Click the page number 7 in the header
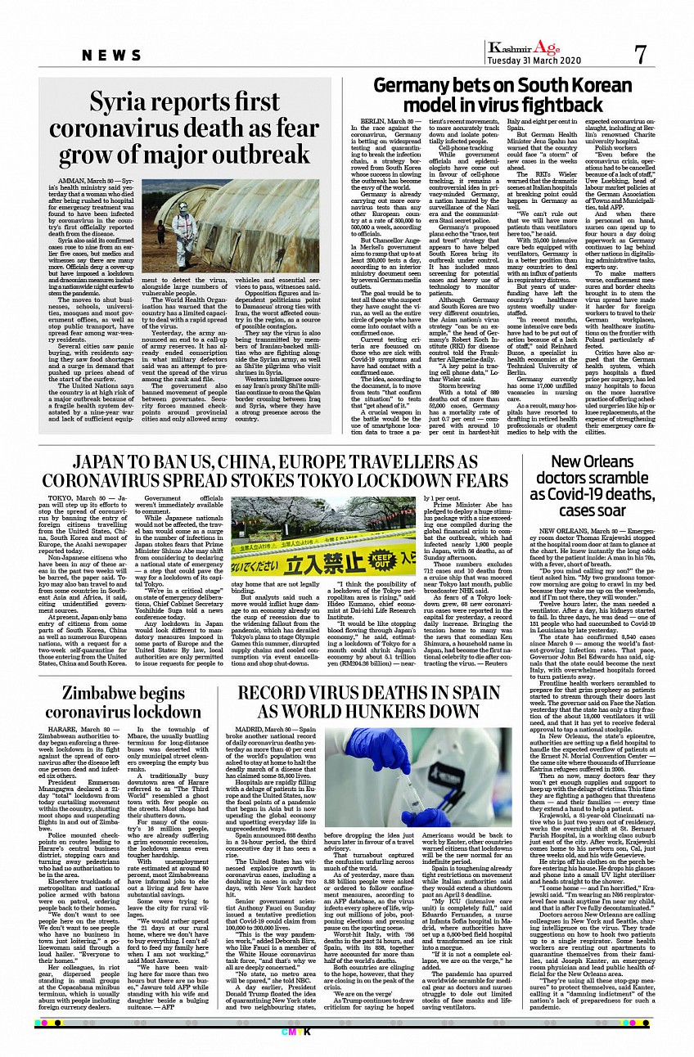pos(640,54)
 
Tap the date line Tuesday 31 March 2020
pos(534,61)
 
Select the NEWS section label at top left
pos(113,55)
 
